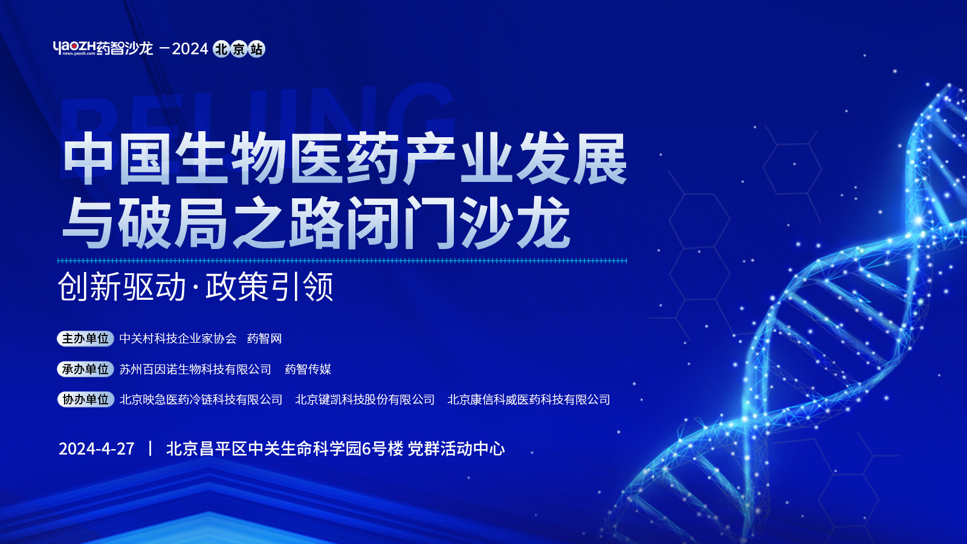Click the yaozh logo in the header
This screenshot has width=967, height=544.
point(103,48)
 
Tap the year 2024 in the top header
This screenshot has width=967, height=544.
point(190,49)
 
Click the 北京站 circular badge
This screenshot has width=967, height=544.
point(239,49)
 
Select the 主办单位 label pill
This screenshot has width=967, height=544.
point(85,338)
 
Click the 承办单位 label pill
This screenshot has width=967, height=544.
point(85,369)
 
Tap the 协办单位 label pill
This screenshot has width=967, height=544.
point(85,400)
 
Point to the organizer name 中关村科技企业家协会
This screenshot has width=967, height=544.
point(178,338)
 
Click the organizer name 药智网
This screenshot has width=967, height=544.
point(264,338)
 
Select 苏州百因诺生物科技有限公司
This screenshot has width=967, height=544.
point(195,369)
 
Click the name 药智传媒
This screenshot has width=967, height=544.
point(308,369)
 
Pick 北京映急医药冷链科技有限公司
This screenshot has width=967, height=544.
point(201,400)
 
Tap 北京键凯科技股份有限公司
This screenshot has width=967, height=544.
point(365,400)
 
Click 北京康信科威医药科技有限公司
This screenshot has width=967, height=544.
point(529,400)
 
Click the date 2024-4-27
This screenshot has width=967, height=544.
point(97,448)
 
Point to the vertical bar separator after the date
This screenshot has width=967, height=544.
point(150,448)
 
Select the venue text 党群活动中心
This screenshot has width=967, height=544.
point(456,448)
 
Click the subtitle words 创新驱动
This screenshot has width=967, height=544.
point(121,287)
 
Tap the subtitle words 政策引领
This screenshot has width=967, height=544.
point(270,287)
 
